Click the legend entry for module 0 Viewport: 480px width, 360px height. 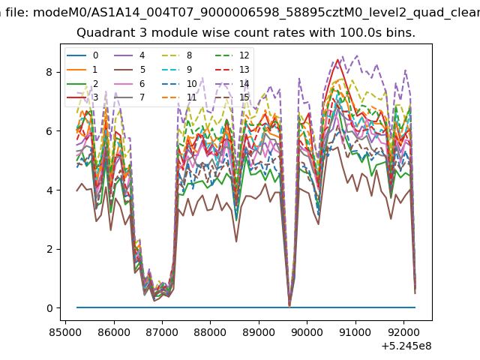tap(82, 55)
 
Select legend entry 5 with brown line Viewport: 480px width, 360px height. tap(130, 70)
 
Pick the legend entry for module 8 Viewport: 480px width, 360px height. tap(177, 55)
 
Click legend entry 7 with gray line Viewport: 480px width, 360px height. tap(130, 97)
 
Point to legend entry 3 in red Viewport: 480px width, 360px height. tap(82, 97)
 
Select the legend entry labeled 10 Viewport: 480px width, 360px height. tap(178, 83)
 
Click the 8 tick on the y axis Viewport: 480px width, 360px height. tap(49, 72)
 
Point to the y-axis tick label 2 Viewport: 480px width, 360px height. tap(49, 249)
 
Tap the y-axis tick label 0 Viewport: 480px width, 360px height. tap(49, 308)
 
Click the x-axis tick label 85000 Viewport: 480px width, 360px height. tap(65, 332)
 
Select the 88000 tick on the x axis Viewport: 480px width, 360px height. tap(210, 332)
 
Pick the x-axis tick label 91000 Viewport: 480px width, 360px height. tap(355, 332)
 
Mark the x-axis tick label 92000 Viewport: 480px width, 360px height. tap(403, 332)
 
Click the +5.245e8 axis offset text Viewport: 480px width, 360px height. tap(406, 346)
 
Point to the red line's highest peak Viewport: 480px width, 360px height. tap(338, 60)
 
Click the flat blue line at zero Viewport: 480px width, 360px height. tap(246, 307)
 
